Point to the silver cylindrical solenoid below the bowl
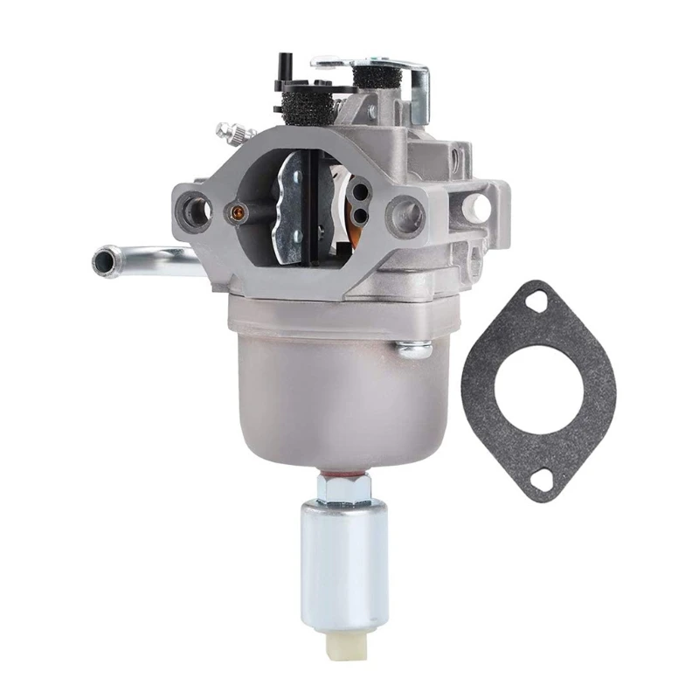[343, 559]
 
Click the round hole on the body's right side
[478, 206]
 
